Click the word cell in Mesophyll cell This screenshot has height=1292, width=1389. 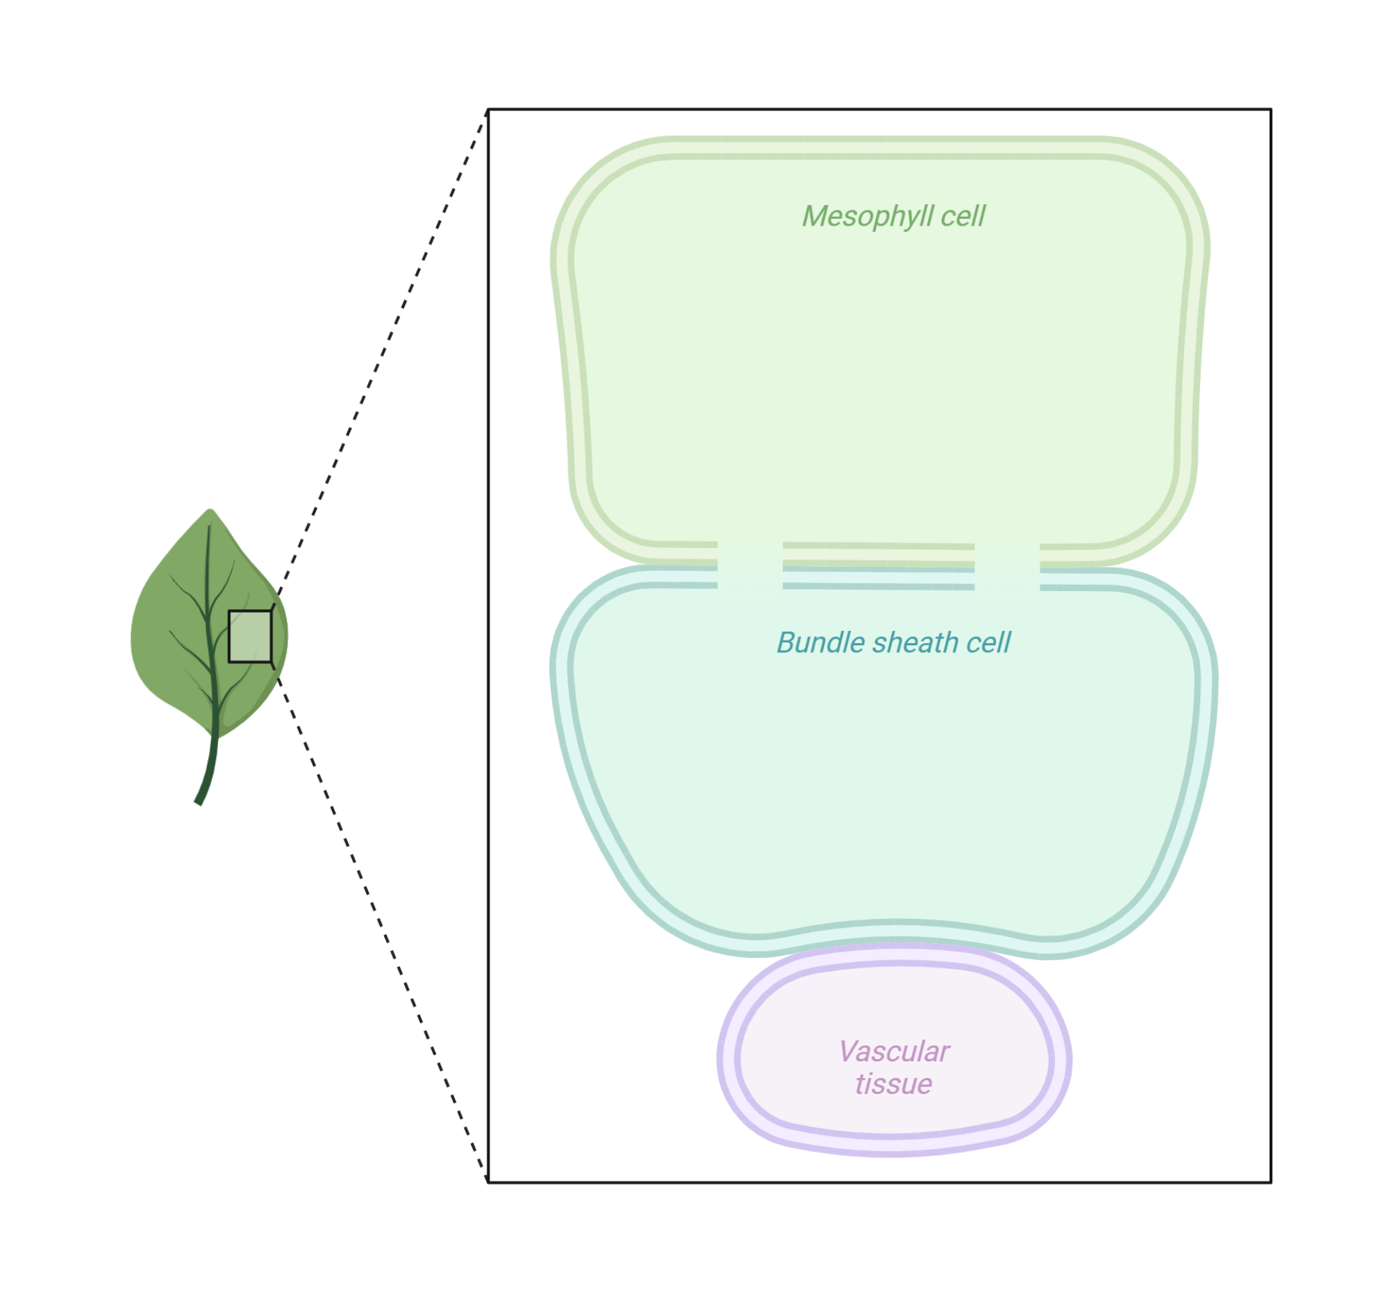[963, 217]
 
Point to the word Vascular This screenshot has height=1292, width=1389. [894, 1052]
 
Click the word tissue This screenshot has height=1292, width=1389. [894, 1084]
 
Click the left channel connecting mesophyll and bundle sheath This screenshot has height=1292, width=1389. [749, 566]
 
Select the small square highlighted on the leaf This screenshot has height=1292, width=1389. [250, 636]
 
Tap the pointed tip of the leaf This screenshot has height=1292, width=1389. [210, 511]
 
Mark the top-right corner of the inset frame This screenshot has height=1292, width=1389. [1270, 110]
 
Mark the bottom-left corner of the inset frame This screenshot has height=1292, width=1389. [488, 1182]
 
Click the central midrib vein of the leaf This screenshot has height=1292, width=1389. [209, 615]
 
